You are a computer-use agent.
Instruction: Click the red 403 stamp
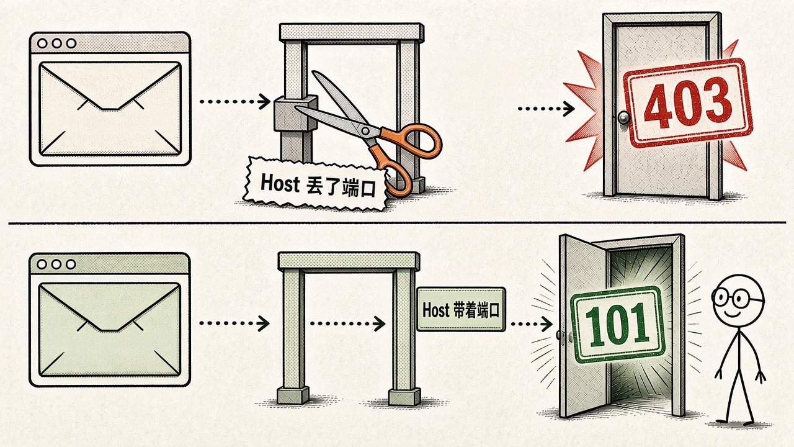pyautogui.click(x=688, y=103)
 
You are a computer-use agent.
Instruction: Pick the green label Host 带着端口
pyautogui.click(x=461, y=310)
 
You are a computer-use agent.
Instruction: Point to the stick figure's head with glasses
pyautogui.click(x=738, y=299)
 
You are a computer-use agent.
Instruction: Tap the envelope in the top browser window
pyautogui.click(x=110, y=109)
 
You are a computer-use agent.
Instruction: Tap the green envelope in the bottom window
pyautogui.click(x=110, y=330)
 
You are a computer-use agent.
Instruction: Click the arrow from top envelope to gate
pyautogui.click(x=234, y=101)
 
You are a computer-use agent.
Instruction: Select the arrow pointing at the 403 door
pyautogui.click(x=546, y=109)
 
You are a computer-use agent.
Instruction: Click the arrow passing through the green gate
pyautogui.click(x=348, y=323)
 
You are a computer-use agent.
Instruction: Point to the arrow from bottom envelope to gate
pyautogui.click(x=234, y=323)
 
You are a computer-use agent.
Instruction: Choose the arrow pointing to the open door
pyautogui.click(x=532, y=324)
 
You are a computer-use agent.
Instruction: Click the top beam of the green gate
pyautogui.click(x=349, y=261)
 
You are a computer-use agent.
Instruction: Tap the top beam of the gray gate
pyautogui.click(x=352, y=32)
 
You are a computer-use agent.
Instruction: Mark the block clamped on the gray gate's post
pyautogui.click(x=296, y=113)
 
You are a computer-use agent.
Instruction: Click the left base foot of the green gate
pyautogui.click(x=293, y=395)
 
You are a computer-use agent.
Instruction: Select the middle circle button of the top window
pyautogui.click(x=56, y=43)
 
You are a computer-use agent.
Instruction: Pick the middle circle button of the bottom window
pyautogui.click(x=56, y=264)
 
